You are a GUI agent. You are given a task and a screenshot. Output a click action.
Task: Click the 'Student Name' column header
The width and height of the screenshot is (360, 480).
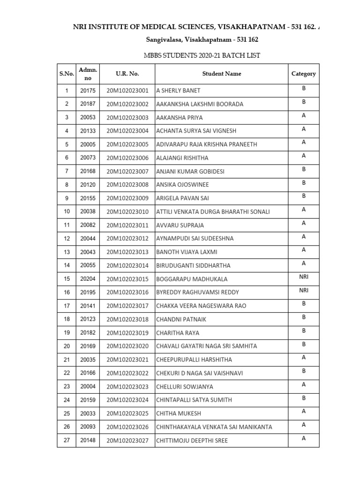[221, 74]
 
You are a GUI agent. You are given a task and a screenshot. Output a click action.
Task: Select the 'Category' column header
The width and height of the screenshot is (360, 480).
[303, 74]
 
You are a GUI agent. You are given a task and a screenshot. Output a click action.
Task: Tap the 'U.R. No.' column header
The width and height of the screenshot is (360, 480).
[127, 74]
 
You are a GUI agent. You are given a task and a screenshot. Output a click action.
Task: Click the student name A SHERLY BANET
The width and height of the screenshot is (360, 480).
[178, 90]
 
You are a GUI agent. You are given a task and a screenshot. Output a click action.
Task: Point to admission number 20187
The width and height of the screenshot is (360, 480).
[87, 104]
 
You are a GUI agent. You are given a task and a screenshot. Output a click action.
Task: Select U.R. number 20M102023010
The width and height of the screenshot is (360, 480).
[127, 212]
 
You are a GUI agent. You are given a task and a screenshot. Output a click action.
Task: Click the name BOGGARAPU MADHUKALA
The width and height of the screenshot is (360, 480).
[192, 279]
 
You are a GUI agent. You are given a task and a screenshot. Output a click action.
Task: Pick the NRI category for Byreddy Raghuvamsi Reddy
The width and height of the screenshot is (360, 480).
[303, 291]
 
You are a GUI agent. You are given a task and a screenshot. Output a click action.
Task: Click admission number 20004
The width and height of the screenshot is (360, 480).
[87, 387]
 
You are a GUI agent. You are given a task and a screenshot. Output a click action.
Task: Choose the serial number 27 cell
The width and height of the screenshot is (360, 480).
[67, 440]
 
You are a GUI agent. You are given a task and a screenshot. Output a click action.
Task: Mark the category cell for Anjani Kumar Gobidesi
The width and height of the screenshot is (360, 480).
[303, 169]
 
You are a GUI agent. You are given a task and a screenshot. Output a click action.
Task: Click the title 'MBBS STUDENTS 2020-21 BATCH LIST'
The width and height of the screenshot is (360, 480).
[202, 55]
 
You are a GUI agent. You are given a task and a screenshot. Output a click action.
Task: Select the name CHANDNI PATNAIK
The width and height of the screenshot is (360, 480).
[181, 320]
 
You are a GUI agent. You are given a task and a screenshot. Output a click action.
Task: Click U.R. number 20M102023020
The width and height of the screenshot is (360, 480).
[127, 346]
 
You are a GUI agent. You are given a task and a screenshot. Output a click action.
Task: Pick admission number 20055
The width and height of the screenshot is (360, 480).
[87, 265]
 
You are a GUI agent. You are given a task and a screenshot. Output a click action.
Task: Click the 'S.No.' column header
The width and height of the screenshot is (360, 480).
[67, 74]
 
